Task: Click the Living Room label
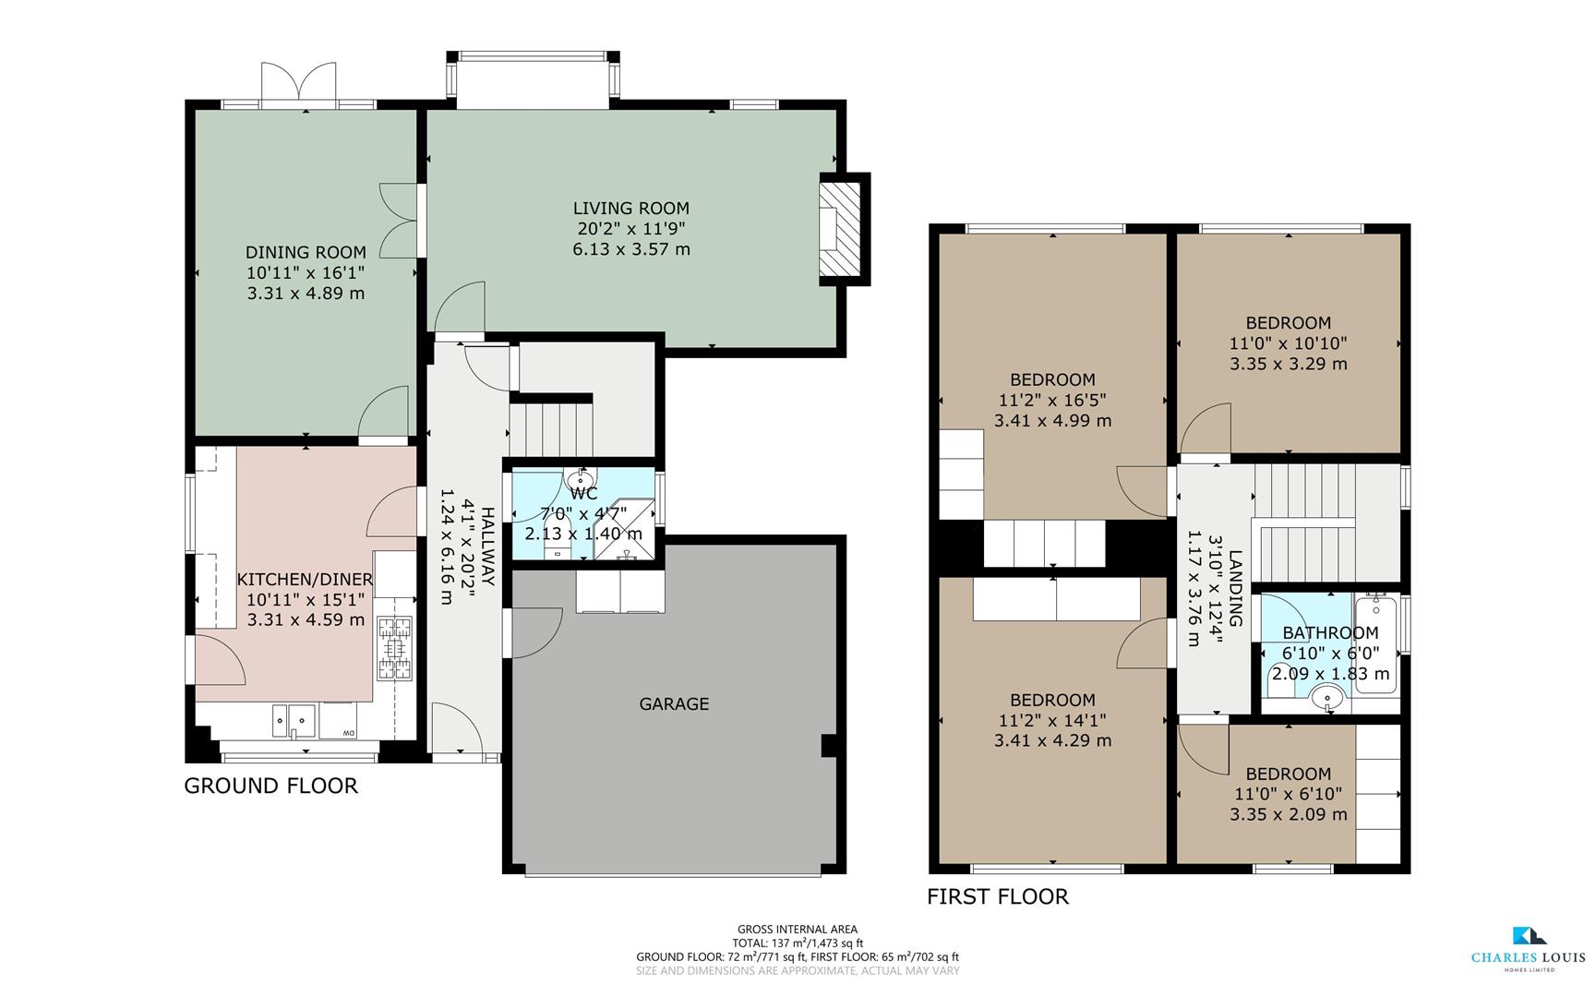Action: point(630,209)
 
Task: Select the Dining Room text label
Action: point(306,252)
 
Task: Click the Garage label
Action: point(674,703)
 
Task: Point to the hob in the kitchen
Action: point(394,649)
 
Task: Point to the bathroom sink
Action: point(1328,697)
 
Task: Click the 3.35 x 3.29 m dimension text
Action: point(1288,364)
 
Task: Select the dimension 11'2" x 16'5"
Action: point(1052,400)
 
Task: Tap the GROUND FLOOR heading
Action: point(270,786)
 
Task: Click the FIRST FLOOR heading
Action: point(998,896)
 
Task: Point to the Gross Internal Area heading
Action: point(797,929)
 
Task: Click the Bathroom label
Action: point(1330,632)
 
